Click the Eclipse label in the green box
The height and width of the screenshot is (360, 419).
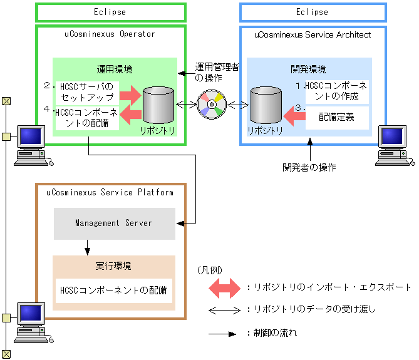(110, 12)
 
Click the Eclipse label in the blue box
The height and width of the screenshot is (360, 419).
(312, 12)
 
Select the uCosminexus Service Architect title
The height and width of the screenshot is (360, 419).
(313, 35)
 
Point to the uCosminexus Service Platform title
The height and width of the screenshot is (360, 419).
(110, 192)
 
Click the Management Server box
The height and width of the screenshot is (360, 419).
(114, 223)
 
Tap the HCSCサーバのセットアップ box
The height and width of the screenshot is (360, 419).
(87, 92)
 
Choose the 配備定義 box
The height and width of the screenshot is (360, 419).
(337, 116)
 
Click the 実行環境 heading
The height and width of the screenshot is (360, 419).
(113, 266)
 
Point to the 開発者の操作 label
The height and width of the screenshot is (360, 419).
(309, 167)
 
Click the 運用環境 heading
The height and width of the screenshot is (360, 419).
(114, 69)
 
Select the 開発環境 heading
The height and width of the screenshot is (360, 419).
(309, 69)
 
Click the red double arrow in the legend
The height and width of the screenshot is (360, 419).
(224, 288)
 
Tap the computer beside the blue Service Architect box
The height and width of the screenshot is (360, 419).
(395, 145)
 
